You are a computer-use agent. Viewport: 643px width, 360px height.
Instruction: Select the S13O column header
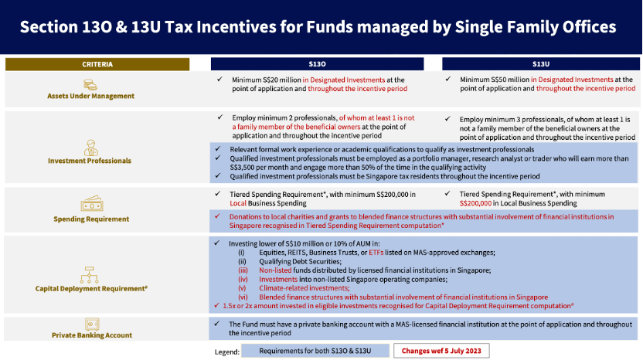317,64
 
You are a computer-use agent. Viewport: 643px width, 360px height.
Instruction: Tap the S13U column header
540,64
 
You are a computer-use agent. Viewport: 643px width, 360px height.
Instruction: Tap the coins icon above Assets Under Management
90,83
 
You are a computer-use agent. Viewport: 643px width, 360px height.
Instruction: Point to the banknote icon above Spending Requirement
91,205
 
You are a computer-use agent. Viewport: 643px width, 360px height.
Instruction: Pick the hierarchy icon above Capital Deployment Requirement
91,273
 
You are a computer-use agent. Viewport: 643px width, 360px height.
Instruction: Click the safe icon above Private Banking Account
91,323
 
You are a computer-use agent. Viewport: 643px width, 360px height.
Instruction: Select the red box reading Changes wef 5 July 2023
441,351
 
